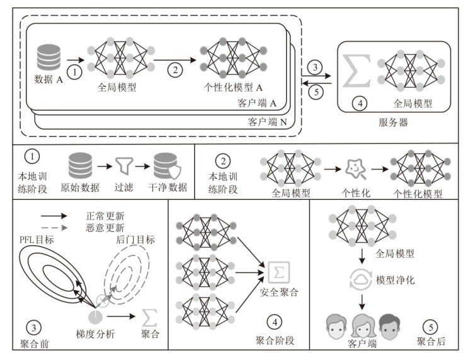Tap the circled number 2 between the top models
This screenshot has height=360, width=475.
click(175, 71)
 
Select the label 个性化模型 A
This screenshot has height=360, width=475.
click(234, 88)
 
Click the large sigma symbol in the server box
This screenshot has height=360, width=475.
click(357, 70)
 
